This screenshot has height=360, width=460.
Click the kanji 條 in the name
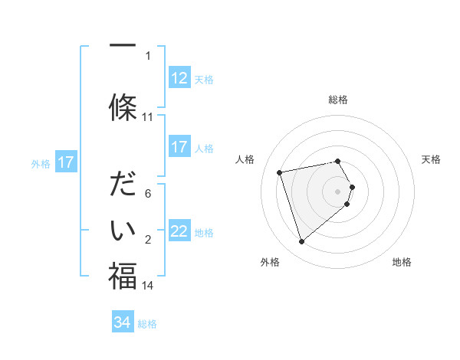tap(123, 107)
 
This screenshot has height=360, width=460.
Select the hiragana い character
tap(123, 230)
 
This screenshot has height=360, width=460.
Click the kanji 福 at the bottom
tap(123, 276)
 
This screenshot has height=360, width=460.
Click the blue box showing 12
tap(179, 77)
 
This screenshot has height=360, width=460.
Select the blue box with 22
tap(179, 231)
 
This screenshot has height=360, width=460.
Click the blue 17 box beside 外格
tap(66, 162)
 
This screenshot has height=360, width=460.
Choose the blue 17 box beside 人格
tap(179, 147)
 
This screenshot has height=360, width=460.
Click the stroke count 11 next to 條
tap(148, 117)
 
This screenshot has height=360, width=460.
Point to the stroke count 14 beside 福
tap(148, 286)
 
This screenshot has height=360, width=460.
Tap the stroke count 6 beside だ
tap(148, 194)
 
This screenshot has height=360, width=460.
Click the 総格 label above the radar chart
tap(338, 100)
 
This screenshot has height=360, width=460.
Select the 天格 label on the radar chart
tap(431, 159)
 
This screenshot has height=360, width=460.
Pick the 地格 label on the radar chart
tap(402, 262)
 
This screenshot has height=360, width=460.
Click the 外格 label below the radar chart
tap(270, 262)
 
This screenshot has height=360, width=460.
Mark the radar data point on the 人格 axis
tap(280, 172)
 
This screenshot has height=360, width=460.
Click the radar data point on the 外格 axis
tap(301, 242)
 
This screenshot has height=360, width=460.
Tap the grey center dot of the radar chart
tap(338, 191)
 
